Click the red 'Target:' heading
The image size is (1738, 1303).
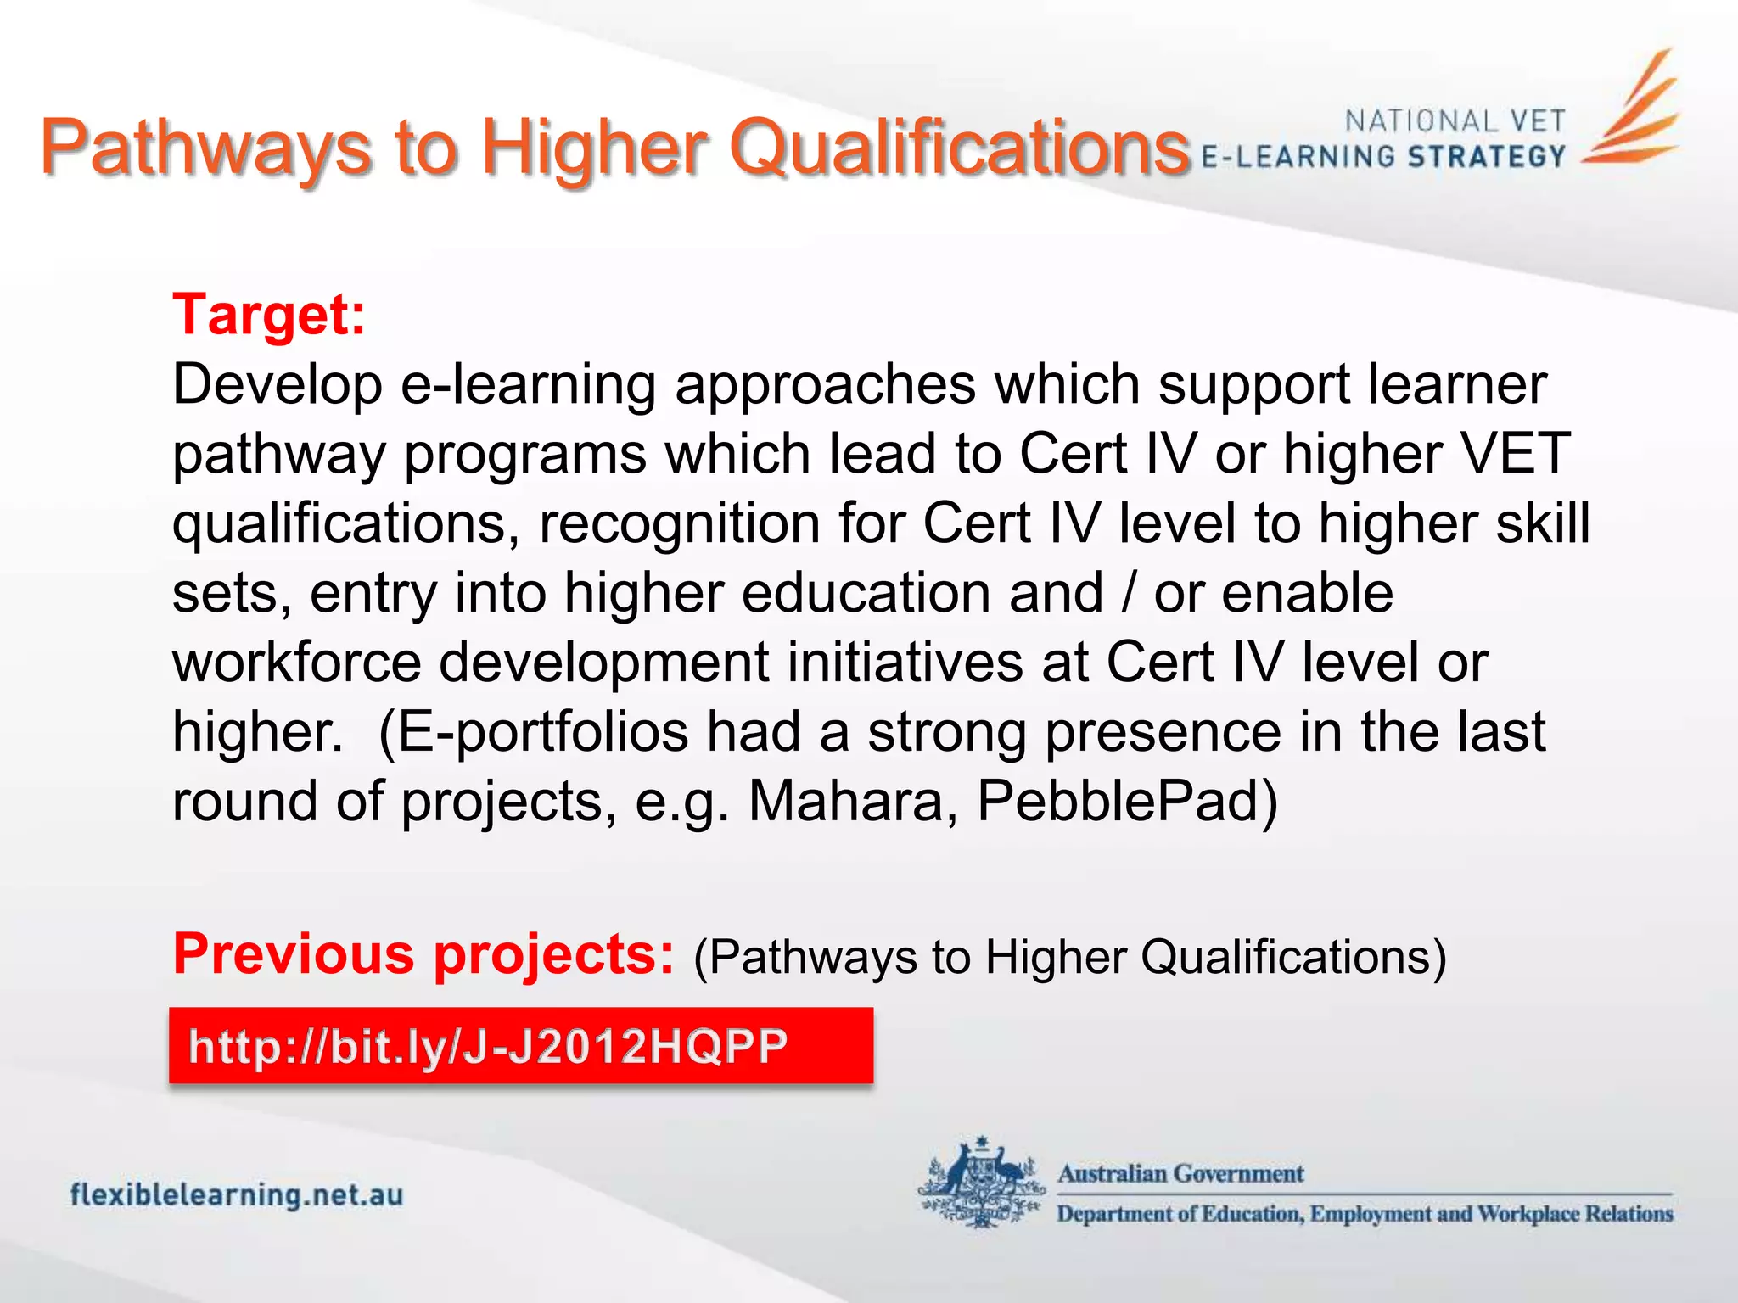tap(269, 316)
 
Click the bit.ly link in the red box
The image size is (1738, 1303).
tap(488, 1046)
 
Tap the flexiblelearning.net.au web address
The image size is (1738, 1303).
tap(237, 1195)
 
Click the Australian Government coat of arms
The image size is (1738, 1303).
tap(983, 1183)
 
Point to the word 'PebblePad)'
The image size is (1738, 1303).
tap(1127, 801)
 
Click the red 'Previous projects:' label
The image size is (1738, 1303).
tap(423, 954)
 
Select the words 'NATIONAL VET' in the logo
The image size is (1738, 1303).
tap(1455, 121)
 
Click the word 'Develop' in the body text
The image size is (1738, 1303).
tap(278, 384)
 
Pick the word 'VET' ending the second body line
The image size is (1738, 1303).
tap(1513, 453)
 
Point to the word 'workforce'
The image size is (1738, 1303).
tap(297, 663)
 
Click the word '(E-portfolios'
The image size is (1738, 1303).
tap(533, 731)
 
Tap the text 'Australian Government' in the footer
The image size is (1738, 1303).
tap(1180, 1174)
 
